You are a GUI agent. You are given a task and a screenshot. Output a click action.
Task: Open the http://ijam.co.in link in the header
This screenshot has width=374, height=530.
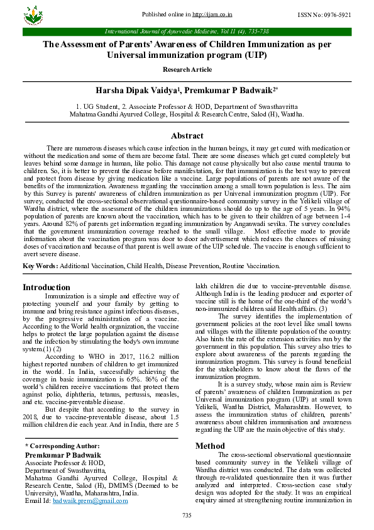point(213,14)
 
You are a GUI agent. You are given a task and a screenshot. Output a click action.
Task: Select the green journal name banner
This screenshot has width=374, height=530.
point(187,31)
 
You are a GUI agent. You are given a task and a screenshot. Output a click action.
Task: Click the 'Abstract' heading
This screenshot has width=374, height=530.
point(187,135)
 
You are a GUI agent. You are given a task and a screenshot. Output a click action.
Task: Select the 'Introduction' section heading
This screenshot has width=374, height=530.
point(47,287)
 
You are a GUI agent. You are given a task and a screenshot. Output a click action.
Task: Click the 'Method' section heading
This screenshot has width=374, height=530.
point(209,446)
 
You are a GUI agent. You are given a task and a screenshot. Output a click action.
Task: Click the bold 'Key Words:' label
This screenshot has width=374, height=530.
point(40,266)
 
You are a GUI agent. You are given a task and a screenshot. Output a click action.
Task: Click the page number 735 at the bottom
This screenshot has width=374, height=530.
point(187,516)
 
